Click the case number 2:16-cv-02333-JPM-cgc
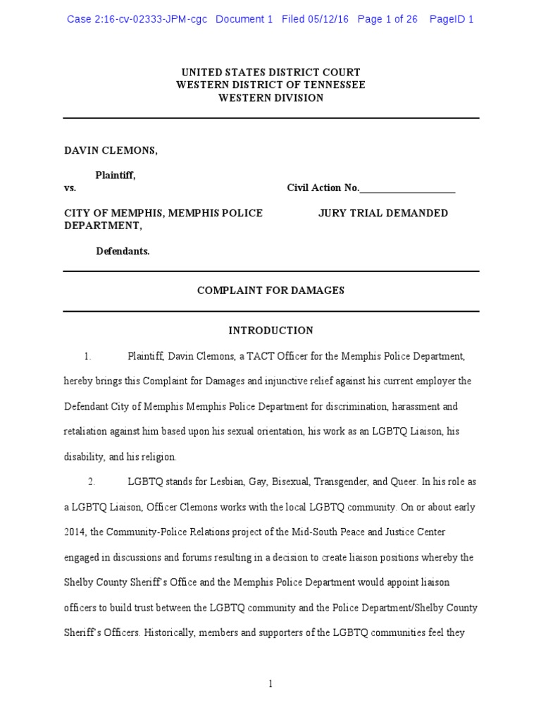(x=137, y=20)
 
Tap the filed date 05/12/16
(x=329, y=20)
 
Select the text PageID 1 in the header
(x=451, y=20)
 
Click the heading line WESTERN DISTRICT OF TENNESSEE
(x=270, y=85)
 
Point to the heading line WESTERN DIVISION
(x=270, y=98)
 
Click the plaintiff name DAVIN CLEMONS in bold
(x=111, y=150)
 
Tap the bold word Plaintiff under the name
(x=116, y=176)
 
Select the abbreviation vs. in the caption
(x=70, y=188)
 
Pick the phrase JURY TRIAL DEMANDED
(x=383, y=214)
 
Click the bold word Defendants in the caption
(x=123, y=251)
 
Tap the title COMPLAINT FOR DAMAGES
(x=270, y=290)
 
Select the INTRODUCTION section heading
(x=270, y=331)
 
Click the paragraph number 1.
(x=88, y=356)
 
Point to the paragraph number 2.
(x=91, y=482)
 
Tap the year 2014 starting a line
(x=74, y=532)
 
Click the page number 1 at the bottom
(x=270, y=684)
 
